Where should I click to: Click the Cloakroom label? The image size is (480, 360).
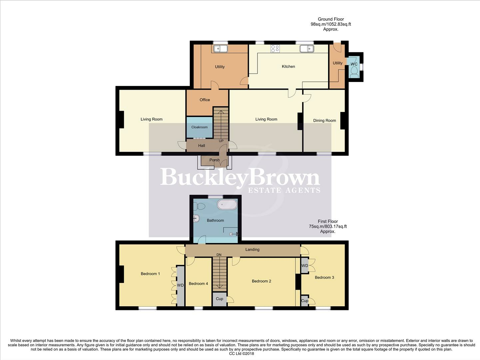(199, 127)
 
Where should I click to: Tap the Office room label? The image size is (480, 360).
(205, 100)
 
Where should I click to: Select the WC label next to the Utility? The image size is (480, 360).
(354, 64)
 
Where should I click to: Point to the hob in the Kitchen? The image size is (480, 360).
(275, 49)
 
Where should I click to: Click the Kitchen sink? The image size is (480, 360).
(307, 49)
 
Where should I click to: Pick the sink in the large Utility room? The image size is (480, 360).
(220, 49)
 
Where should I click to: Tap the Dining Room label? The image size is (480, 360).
(324, 120)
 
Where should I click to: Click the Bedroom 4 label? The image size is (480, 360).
(198, 284)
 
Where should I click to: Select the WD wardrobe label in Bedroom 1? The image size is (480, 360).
(180, 285)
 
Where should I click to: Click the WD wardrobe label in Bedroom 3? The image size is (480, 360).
(304, 266)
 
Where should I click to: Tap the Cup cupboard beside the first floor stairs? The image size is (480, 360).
(219, 299)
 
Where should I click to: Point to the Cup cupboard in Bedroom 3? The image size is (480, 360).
(304, 301)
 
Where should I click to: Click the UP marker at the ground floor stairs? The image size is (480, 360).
(221, 141)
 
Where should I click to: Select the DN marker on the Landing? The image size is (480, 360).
(219, 255)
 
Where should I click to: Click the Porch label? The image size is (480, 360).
(215, 160)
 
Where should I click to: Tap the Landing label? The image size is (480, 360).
(252, 249)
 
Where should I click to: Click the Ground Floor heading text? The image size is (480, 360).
(330, 19)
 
